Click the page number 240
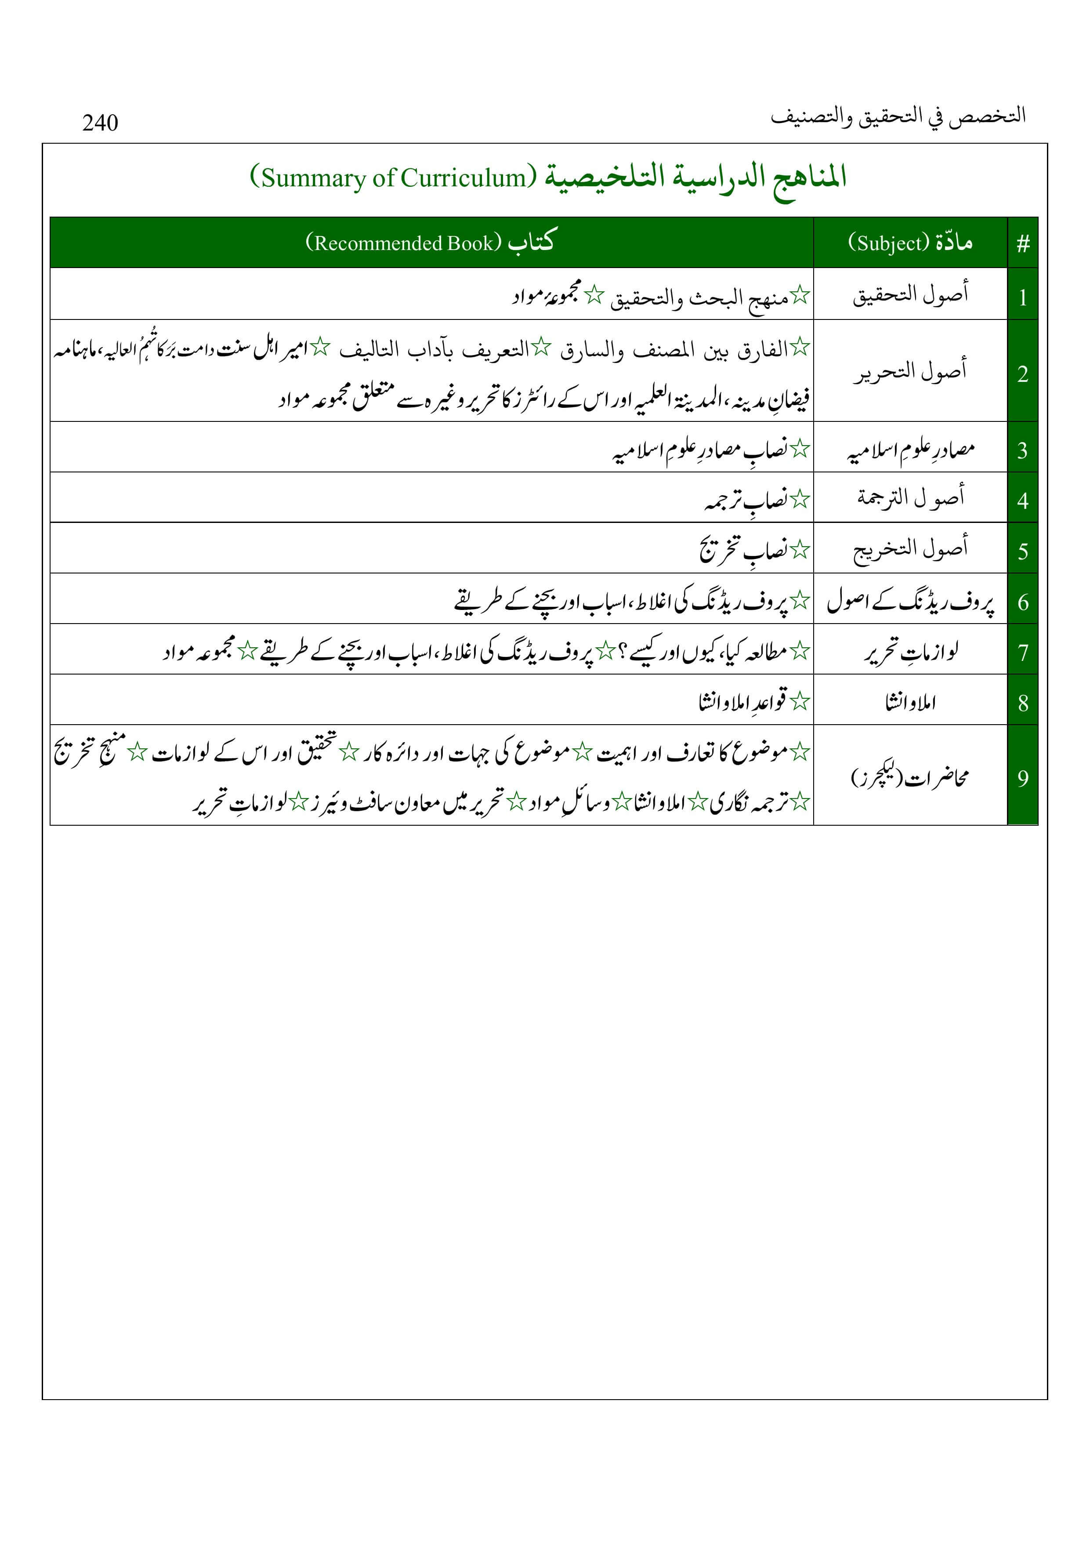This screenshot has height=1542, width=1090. pos(100,123)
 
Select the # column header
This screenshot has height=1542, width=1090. pos(1023,243)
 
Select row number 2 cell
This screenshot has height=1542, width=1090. pos(1023,374)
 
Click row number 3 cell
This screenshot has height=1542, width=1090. pos(1023,450)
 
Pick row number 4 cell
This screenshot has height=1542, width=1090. pos(1023,501)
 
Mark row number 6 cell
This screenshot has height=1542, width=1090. pos(1023,602)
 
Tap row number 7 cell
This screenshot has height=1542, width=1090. pos(1023,652)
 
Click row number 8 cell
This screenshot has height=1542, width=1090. pos(1023,703)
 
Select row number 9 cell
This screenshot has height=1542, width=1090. pos(1023,778)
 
